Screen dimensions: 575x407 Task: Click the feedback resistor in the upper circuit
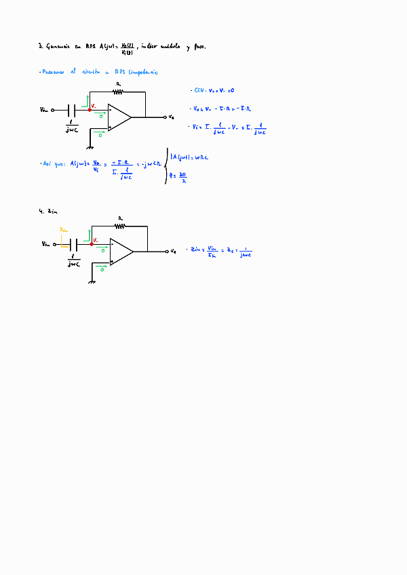pyautogui.click(x=118, y=91)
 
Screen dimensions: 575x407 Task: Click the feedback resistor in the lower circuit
pyautogui.click(x=119, y=226)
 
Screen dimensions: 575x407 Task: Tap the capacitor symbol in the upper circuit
pyautogui.click(x=72, y=109)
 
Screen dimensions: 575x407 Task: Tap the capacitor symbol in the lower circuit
pyautogui.click(x=74, y=243)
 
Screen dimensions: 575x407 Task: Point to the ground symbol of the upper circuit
pyautogui.click(x=90, y=146)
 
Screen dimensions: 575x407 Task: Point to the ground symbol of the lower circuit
pyautogui.click(x=91, y=280)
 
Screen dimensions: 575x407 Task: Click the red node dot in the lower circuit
pyautogui.click(x=91, y=243)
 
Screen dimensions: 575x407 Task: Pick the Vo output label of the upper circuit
pyautogui.click(x=172, y=117)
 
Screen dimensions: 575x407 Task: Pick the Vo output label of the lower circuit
pyautogui.click(x=174, y=252)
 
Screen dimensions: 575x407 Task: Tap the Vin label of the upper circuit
pyautogui.click(x=45, y=109)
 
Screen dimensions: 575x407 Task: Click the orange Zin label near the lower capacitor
pyautogui.click(x=64, y=231)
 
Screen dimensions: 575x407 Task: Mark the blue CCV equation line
pyautogui.click(x=214, y=90)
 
